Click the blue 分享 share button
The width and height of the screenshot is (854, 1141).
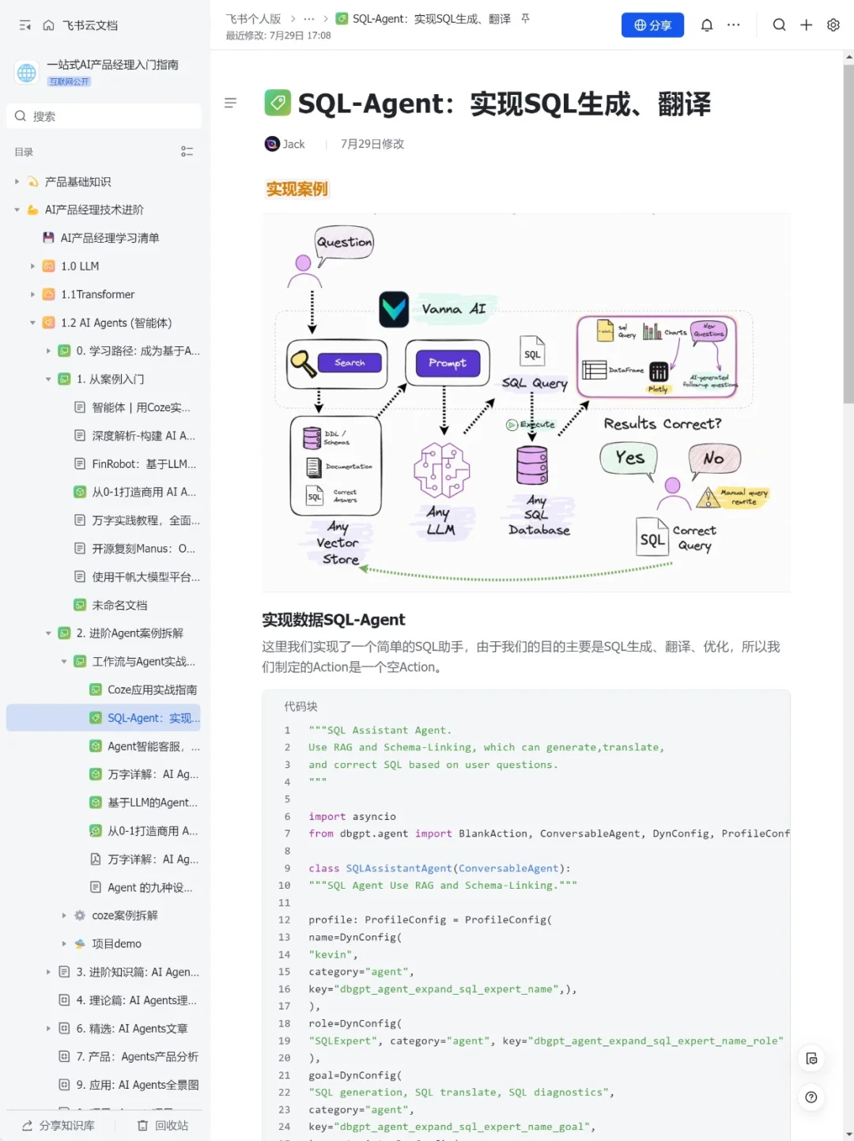(x=652, y=25)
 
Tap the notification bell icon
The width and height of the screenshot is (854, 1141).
(x=707, y=25)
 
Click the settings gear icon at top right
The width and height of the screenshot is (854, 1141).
(x=833, y=25)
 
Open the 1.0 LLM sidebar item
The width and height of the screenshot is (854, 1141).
(x=80, y=266)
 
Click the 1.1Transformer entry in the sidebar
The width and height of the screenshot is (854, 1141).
(x=97, y=294)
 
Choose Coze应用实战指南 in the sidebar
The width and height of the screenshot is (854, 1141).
(x=152, y=690)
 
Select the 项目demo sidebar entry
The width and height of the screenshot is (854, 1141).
(x=116, y=943)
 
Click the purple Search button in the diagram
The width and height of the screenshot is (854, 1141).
(x=350, y=363)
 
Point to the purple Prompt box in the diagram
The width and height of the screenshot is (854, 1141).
(x=448, y=363)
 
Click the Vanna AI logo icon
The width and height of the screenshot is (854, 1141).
(x=394, y=309)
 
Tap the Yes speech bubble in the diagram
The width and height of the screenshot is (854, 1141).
(x=629, y=458)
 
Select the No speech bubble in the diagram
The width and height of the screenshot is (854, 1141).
(x=714, y=459)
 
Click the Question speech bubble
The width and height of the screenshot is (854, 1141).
(x=344, y=242)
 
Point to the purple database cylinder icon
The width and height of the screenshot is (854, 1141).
(x=532, y=465)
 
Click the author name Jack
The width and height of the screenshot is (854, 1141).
(x=293, y=144)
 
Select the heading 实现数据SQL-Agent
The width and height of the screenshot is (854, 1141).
(x=333, y=620)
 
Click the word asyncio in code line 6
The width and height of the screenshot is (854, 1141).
(x=374, y=816)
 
